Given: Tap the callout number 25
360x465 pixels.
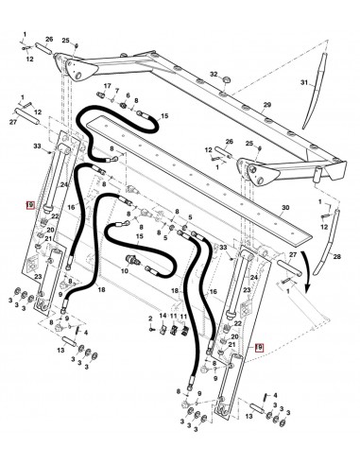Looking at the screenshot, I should pos(66,41).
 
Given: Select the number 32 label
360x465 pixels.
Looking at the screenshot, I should pos(214,73).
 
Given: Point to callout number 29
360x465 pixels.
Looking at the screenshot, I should pos(267,103).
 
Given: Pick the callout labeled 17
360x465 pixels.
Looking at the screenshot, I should pos(107,86).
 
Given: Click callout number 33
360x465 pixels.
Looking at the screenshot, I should pos(37,146).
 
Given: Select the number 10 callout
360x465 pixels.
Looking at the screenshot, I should pos(123,270).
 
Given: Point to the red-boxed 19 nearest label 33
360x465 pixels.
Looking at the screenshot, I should pos(31,204).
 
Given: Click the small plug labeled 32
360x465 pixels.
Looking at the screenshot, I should pos(224,85).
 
